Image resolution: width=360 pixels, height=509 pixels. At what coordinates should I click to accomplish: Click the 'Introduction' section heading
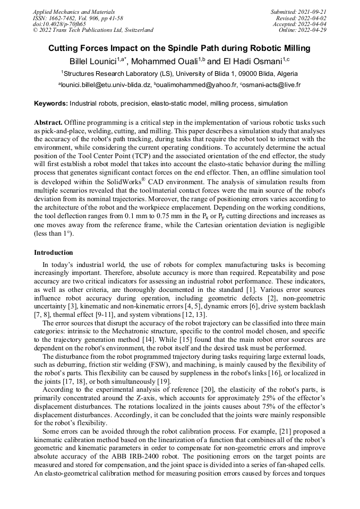click(54, 253)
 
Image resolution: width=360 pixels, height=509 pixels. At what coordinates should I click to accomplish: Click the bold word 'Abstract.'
click(48, 122)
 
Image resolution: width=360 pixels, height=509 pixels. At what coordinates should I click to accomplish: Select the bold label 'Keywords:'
click(51, 102)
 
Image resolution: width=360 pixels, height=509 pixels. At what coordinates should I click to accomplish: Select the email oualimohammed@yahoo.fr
click(195, 85)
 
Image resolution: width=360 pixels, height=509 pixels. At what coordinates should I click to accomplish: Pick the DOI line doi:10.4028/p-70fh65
click(59, 24)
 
